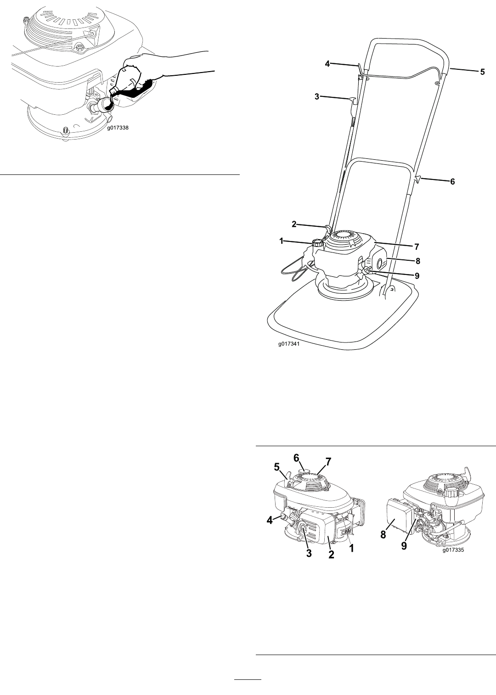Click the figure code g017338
pyautogui.click(x=118, y=128)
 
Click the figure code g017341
pyautogui.click(x=289, y=344)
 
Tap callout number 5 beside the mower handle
pyautogui.click(x=482, y=72)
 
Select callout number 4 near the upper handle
pyautogui.click(x=327, y=64)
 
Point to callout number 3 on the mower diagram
pyautogui.click(x=316, y=97)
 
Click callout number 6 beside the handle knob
pyautogui.click(x=452, y=181)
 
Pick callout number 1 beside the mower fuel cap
pyautogui.click(x=281, y=241)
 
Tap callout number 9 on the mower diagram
pyautogui.click(x=417, y=275)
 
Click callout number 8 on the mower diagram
pyautogui.click(x=418, y=261)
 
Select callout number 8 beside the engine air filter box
pyautogui.click(x=383, y=535)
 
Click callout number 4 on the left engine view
pyautogui.click(x=270, y=520)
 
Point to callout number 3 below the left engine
pyautogui.click(x=309, y=553)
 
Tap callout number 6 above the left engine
pyautogui.click(x=296, y=458)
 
